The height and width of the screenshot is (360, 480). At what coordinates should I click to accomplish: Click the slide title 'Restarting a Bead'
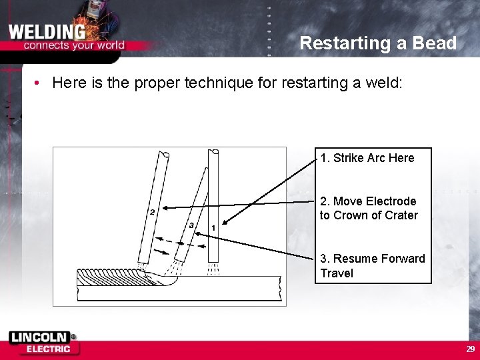377,43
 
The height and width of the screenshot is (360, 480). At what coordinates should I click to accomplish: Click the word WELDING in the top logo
47,31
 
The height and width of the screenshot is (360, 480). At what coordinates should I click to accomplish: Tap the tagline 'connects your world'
74,45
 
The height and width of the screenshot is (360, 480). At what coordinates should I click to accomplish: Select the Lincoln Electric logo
43,343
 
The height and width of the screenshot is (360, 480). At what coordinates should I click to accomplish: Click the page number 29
470,349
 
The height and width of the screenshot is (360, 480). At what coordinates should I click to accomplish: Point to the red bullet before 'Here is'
40,83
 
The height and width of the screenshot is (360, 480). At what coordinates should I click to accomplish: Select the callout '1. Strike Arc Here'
367,158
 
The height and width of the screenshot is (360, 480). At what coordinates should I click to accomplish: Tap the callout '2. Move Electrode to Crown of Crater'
369,208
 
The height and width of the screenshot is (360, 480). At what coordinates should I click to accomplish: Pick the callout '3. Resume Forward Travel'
372,265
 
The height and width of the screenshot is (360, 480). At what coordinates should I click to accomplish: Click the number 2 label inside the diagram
152,212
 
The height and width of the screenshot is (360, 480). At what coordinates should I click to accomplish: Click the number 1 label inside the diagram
213,229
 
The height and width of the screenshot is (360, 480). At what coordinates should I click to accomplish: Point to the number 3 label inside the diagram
191,226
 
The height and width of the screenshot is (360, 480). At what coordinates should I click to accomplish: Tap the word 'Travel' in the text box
337,273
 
